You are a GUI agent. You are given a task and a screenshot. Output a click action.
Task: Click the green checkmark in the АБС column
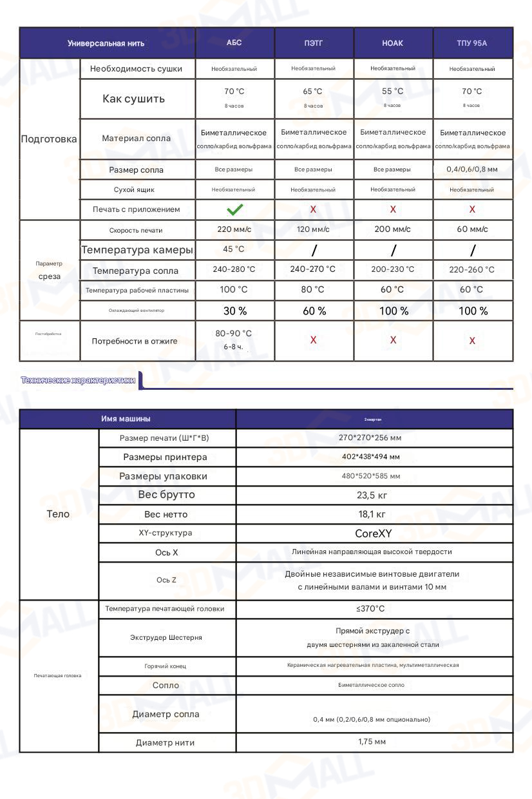(234, 209)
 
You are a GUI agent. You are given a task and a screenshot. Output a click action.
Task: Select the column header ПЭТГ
(314, 43)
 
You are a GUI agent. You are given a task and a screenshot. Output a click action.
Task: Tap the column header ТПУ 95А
(472, 43)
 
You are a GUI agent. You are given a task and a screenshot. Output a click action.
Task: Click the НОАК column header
(392, 43)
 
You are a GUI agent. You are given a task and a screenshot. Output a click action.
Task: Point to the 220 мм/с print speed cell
(234, 229)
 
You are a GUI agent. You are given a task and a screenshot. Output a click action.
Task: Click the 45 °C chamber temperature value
(234, 249)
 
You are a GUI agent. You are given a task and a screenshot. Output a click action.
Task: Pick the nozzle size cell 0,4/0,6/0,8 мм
(472, 169)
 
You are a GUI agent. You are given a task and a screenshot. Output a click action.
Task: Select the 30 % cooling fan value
(234, 311)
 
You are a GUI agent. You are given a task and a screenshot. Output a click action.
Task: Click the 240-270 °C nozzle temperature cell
(313, 269)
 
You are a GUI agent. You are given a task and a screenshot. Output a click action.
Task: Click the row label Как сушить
(134, 99)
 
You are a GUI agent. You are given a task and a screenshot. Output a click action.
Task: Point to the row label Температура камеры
(137, 249)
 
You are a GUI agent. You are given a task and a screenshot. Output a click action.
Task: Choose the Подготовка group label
(49, 139)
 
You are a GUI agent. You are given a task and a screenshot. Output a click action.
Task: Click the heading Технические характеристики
(78, 380)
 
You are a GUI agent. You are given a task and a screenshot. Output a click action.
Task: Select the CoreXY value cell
(374, 534)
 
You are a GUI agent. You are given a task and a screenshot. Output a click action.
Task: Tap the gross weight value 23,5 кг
(372, 496)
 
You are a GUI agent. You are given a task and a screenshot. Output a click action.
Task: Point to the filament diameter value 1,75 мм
(372, 742)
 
